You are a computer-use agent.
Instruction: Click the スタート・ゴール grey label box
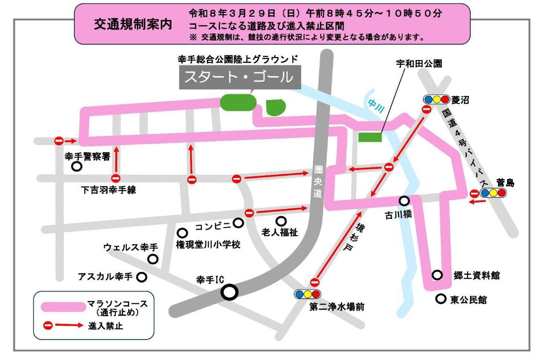coord(240,77)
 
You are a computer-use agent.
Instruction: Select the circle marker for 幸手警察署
coord(76,166)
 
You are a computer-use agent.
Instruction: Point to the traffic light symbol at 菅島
coord(492,193)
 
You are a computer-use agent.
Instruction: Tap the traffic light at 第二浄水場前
coord(307,294)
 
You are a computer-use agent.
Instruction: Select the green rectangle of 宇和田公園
coord(370,137)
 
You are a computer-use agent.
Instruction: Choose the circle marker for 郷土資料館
coord(437,275)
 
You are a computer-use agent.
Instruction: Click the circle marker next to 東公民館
coord(441,299)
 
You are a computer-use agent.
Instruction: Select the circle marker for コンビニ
coord(238,222)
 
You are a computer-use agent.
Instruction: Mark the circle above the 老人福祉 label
coord(281,221)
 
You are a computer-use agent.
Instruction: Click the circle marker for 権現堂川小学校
coord(182,233)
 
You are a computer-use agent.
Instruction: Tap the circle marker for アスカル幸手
coord(142,277)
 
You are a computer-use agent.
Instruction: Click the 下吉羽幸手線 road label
coord(108,190)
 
